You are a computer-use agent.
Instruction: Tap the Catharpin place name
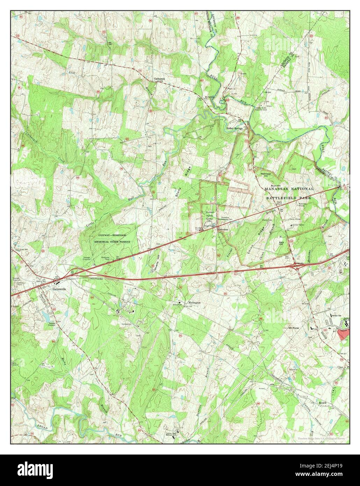159,79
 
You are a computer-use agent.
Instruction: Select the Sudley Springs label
234,128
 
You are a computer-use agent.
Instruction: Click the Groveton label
223,230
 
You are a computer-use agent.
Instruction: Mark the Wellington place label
194,302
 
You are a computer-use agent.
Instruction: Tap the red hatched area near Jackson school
344,333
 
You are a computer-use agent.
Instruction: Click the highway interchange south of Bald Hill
297,265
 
